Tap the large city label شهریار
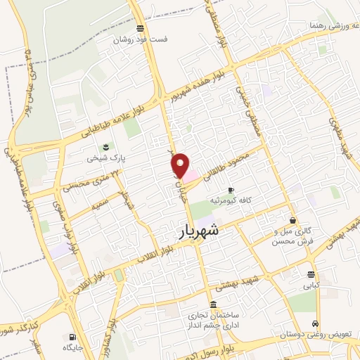[x=195, y=230]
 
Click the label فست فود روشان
[x=142, y=40]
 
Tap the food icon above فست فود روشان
[x=141, y=29]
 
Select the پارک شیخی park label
[x=100, y=158]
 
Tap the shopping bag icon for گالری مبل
[x=292, y=220]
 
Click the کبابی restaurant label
[x=311, y=285]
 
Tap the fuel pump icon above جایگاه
[x=73, y=336]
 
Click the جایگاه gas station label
[x=73, y=347]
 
